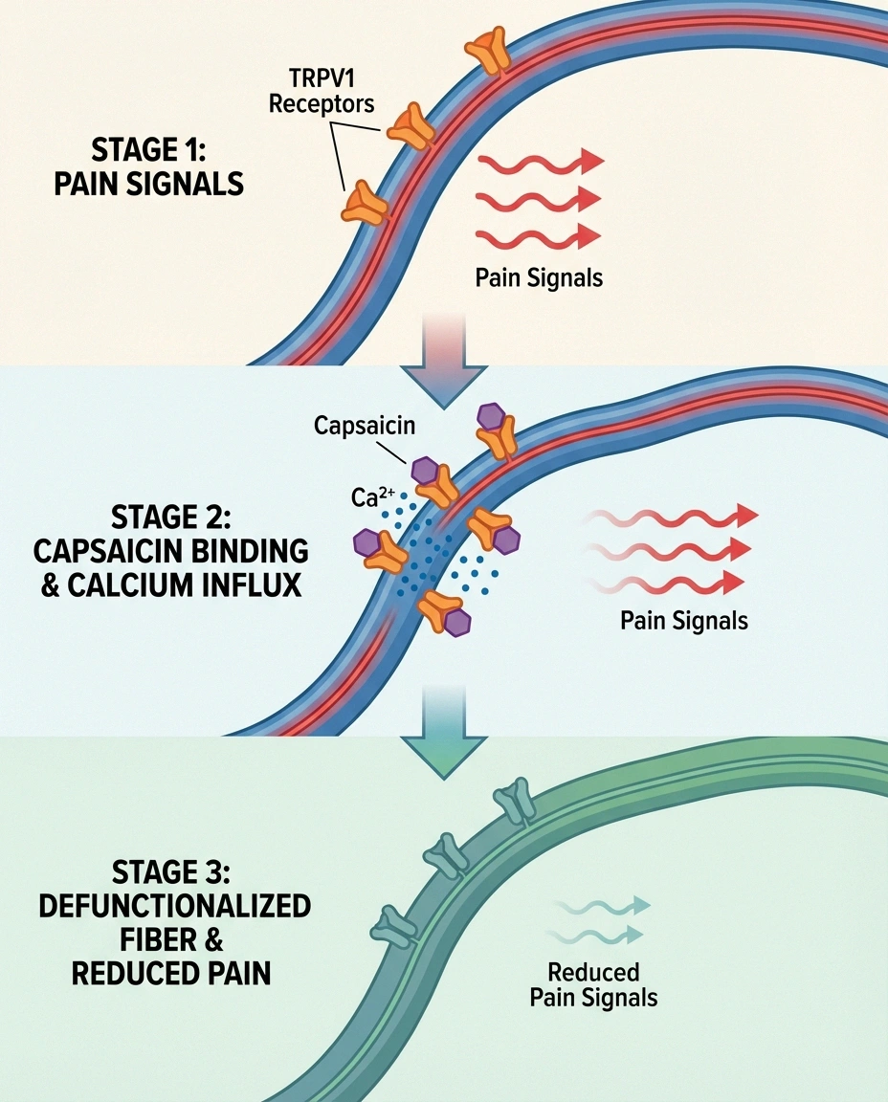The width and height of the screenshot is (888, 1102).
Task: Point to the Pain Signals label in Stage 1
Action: (x=539, y=277)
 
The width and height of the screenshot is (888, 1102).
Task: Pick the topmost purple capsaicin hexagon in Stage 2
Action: (x=492, y=416)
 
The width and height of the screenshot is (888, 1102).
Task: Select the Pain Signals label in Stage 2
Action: (x=683, y=620)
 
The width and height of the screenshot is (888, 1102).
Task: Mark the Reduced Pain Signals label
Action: (x=594, y=984)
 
